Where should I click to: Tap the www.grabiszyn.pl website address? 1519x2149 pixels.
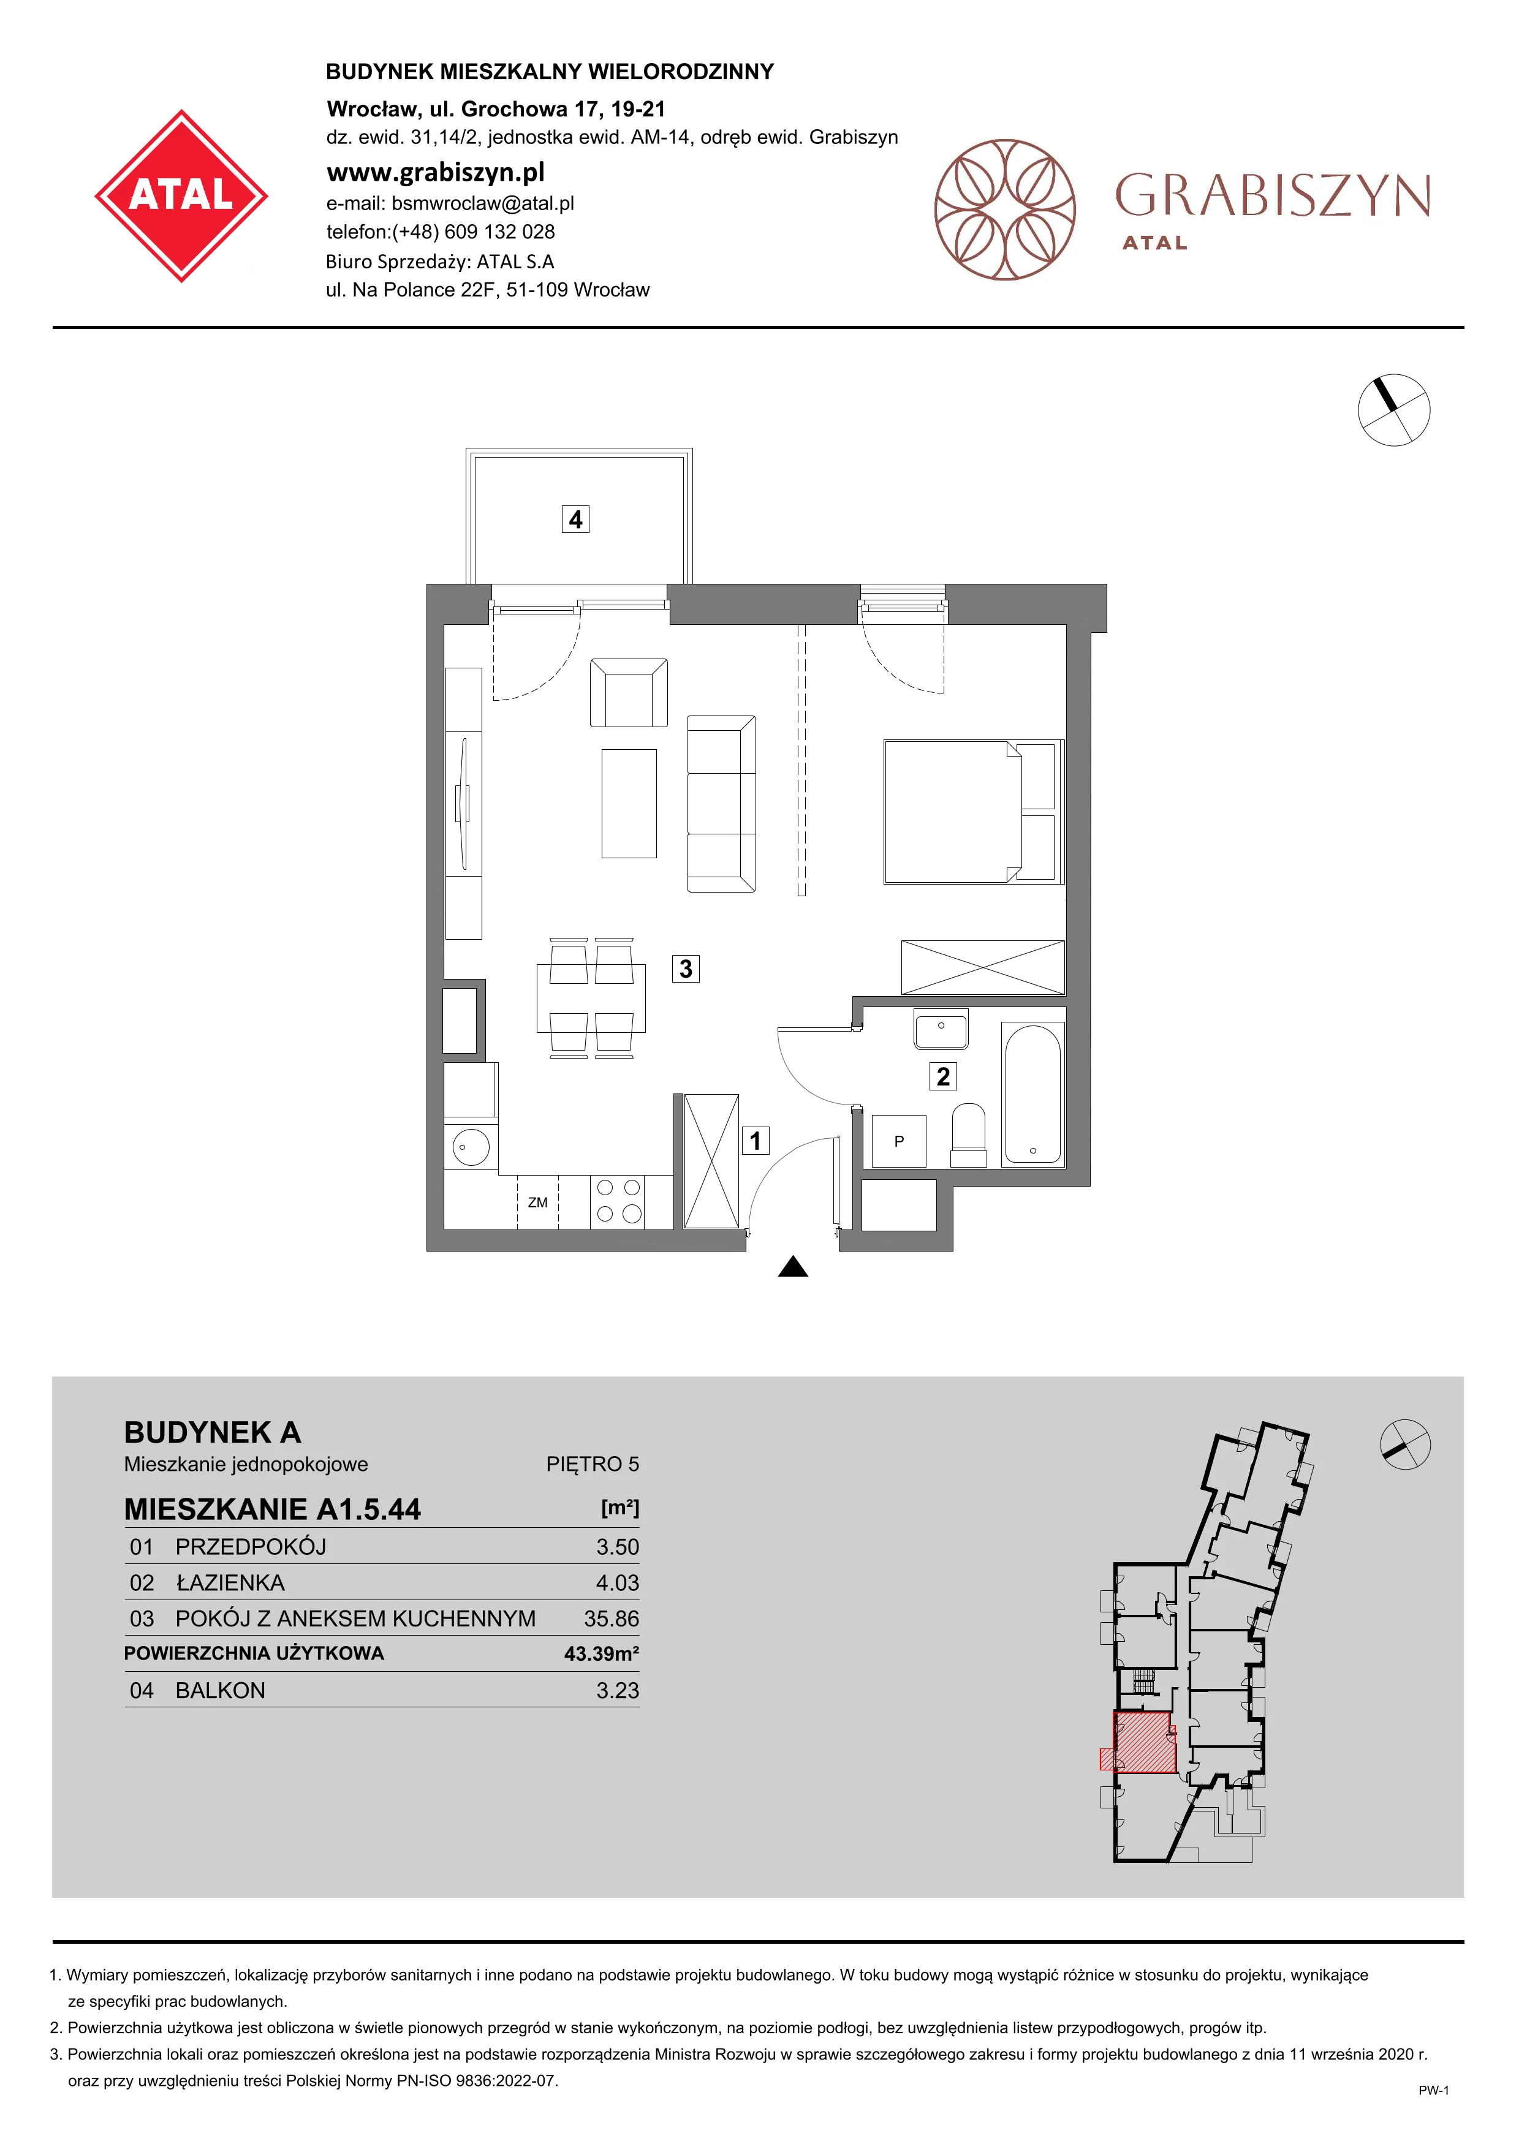coord(435,172)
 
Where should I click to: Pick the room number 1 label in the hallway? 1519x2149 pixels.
coord(756,1140)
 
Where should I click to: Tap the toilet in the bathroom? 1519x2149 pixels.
coord(969,1135)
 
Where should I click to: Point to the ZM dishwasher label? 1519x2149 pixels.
coord(537,1203)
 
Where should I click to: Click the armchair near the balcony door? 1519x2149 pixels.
coord(629,693)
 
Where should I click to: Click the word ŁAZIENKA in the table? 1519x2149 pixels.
coord(230,1583)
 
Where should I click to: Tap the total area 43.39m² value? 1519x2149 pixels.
coord(602,1654)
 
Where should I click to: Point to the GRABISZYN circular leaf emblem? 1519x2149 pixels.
coord(1005,210)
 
